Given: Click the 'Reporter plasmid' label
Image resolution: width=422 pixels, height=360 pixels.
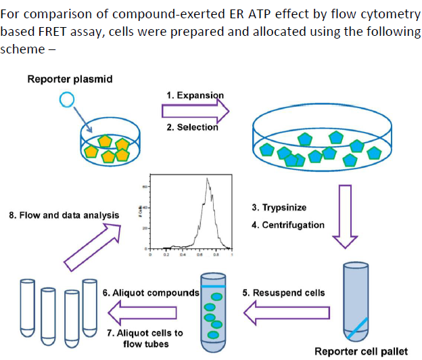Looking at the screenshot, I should coord(70,80).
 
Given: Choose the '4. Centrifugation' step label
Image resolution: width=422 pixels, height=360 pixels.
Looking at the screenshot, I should coord(288,224).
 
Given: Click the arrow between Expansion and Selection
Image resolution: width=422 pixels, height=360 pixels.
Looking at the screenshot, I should coord(196,110).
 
